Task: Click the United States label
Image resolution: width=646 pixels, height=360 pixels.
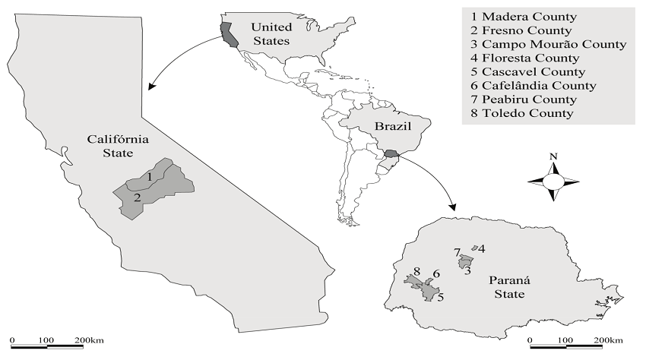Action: [271, 34]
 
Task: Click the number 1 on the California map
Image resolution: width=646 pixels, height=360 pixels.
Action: [151, 176]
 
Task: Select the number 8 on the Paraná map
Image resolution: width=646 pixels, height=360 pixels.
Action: [417, 272]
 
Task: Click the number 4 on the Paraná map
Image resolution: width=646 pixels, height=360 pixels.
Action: [482, 248]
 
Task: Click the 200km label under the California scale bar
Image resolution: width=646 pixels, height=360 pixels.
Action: [90, 339]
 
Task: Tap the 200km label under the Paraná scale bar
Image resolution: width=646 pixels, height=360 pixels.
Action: [608, 339]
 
